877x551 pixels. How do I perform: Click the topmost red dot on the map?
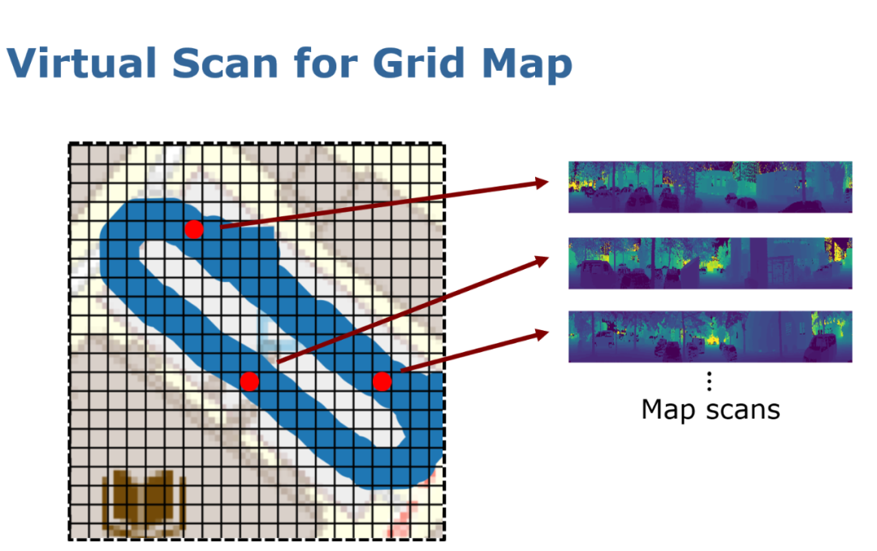tap(193, 229)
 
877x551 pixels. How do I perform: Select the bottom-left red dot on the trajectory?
tap(249, 380)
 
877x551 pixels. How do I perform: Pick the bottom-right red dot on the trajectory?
tap(382, 380)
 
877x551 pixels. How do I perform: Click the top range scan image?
tap(710, 187)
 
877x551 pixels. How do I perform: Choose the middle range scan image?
tap(710, 263)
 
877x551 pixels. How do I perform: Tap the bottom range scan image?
tap(710, 336)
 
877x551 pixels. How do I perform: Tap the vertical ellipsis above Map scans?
tap(710, 380)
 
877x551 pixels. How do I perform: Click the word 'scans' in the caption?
tap(741, 409)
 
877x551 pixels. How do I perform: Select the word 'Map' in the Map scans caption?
tap(668, 409)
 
